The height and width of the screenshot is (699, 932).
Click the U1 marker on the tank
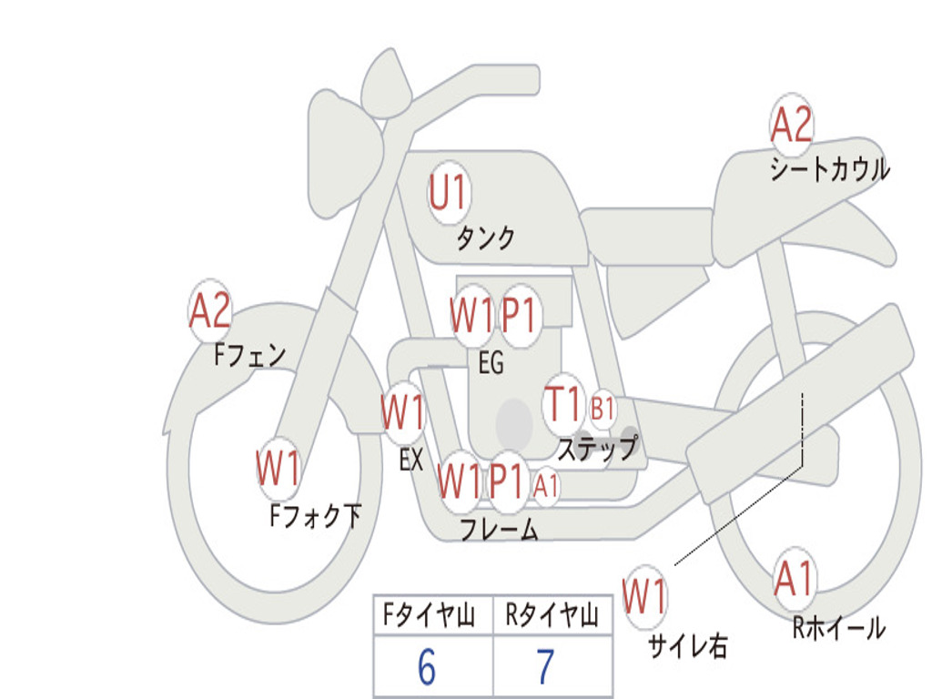[x=450, y=193]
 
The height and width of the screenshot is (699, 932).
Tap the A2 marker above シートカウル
[x=791, y=124]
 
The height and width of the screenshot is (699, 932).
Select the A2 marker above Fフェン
[x=210, y=310]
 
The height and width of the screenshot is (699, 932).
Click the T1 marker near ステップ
[x=563, y=404]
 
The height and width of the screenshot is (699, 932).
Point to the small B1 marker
[x=603, y=409]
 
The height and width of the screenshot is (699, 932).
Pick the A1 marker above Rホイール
[x=794, y=579]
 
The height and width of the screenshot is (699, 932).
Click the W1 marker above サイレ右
[x=645, y=596]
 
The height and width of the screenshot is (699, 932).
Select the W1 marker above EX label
[x=403, y=412]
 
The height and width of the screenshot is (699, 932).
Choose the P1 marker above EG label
[x=519, y=315]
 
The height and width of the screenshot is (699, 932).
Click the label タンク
[x=485, y=238]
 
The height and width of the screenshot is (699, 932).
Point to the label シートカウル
[x=830, y=168]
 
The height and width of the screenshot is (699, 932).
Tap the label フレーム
[x=500, y=529]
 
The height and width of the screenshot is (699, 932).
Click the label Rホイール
[x=839, y=628]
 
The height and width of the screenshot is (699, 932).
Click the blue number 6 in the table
[x=427, y=667]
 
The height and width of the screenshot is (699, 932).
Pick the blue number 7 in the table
[x=546, y=667]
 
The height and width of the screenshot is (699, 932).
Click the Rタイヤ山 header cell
[x=552, y=614]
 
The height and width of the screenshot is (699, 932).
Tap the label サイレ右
[x=688, y=646]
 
